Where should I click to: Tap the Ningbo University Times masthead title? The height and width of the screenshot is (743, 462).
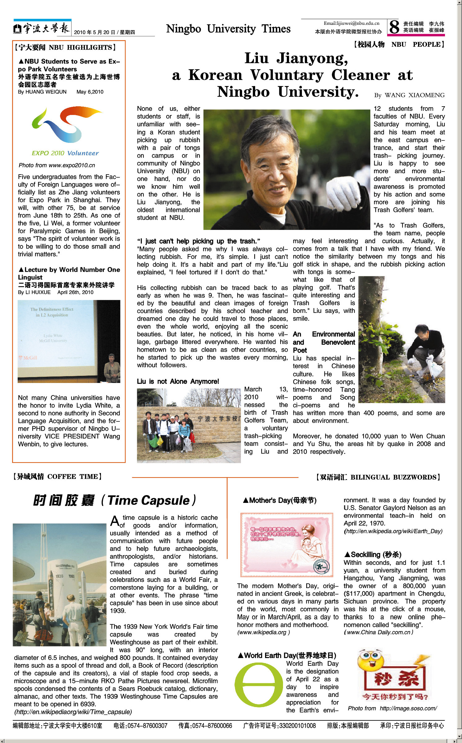[x=228, y=29]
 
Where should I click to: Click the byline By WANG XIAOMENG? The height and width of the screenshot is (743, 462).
[x=409, y=95]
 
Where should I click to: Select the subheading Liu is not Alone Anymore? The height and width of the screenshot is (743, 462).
[x=178, y=381]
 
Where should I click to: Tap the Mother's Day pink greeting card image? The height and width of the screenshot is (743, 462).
[x=287, y=545]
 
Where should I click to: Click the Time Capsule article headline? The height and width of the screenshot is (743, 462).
[x=115, y=500]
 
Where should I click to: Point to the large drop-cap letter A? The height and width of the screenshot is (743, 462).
[x=115, y=521]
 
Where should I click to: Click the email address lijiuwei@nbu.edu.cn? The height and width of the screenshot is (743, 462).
[x=351, y=23]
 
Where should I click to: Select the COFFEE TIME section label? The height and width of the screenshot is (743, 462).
[x=58, y=477]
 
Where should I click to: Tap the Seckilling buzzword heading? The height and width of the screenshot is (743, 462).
[x=373, y=555]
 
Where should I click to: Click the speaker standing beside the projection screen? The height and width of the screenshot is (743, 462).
[x=112, y=368]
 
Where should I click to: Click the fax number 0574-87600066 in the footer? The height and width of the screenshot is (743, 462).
[x=205, y=725]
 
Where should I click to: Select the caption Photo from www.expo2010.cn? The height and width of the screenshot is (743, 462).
[x=57, y=165]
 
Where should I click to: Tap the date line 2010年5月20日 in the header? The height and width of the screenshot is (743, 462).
[x=104, y=32]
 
